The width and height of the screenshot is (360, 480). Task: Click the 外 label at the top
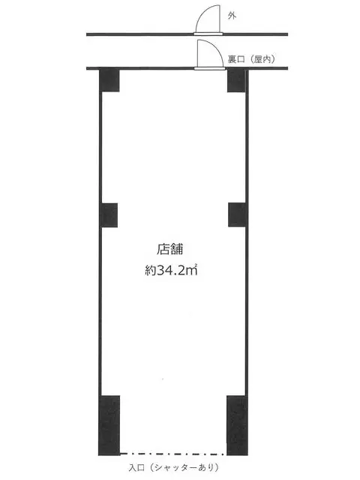click(232, 16)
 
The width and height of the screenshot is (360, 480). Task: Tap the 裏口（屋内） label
click(251, 59)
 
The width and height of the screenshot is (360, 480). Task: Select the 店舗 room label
click(170, 249)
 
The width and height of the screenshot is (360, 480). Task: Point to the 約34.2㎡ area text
click(171, 270)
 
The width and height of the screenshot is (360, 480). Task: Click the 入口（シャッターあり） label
click(174, 467)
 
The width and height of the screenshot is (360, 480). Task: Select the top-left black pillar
click(109, 80)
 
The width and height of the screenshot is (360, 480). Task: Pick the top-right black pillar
click(237, 80)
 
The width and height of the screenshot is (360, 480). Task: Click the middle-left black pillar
click(109, 215)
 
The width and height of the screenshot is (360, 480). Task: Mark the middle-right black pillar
click(237, 214)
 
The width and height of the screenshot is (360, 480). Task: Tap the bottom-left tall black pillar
click(109, 425)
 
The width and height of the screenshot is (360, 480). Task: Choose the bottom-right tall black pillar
click(237, 425)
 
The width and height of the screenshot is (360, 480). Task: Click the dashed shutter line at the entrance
click(173, 454)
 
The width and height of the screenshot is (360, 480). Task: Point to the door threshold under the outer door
click(208, 34)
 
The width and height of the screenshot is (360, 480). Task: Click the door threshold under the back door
click(210, 68)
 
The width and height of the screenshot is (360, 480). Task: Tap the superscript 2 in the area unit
click(195, 265)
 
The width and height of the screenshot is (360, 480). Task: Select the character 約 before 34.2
click(151, 270)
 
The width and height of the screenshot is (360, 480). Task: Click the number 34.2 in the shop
click(170, 270)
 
